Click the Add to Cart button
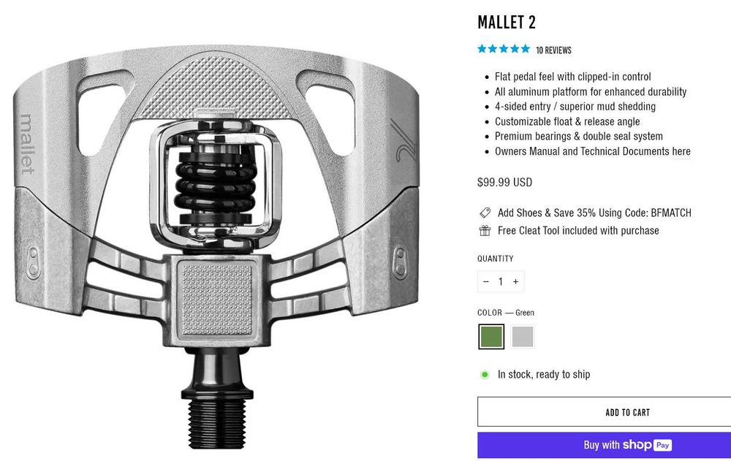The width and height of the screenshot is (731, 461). coord(605,412)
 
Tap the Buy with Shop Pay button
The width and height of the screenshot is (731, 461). coord(605,445)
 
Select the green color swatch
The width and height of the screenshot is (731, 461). coord(491,337)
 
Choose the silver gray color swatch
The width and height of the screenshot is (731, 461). coord(523,337)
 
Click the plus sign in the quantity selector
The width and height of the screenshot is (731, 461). coord(515,281)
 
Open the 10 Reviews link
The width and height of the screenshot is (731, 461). coord(553,50)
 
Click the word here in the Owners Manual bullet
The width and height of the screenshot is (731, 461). coord(681,151)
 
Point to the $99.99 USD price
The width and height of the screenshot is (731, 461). coord(504,182)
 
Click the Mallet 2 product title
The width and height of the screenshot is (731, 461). coord(507,23)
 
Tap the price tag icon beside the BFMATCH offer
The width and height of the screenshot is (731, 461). coord(485,213)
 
